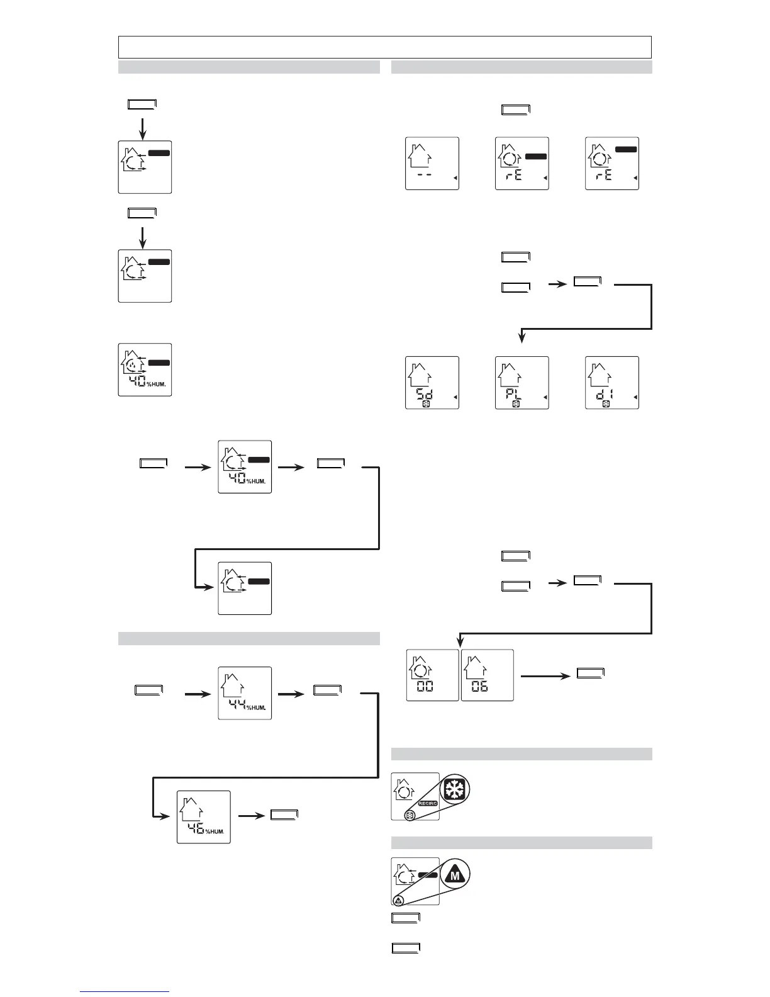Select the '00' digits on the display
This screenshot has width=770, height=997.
425,686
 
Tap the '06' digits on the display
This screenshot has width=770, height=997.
479,686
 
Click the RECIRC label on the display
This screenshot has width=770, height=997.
428,804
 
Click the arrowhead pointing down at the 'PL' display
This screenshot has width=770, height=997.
522,338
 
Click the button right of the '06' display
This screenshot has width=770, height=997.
590,673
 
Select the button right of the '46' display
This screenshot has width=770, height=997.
284,815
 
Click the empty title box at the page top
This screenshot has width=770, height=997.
384,47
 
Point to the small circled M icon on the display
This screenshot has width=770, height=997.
399,900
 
